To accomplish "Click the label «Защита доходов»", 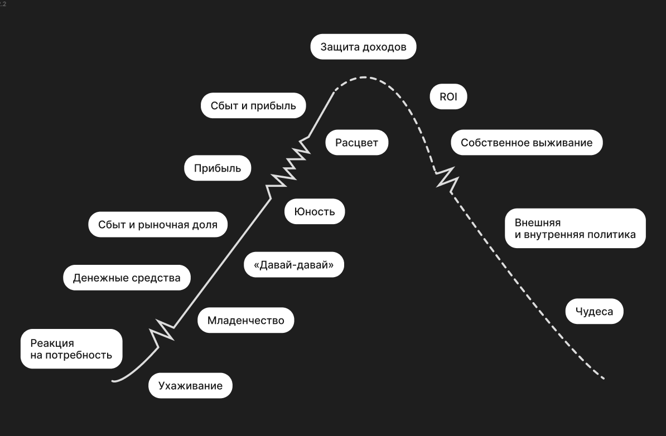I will coord(363,47).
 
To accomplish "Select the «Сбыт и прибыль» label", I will coord(253,105).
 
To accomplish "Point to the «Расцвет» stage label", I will coord(356,143).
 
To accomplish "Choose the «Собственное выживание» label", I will coord(527,143).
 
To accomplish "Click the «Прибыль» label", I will coord(218,168).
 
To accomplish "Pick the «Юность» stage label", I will coord(315,211).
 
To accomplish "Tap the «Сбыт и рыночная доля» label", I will coord(157,225).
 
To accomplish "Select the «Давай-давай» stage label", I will coord(293,265).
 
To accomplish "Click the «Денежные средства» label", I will coord(127,278).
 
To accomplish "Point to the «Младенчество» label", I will coord(245,320).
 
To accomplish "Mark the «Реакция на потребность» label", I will coord(71,348).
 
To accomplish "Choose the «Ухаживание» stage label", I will coord(190,385).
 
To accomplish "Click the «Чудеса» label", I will coord(594,311).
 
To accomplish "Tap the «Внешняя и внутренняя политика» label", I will coord(575,228).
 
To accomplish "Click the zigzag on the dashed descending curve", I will coord(446,178).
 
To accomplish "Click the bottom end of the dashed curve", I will coord(603,379).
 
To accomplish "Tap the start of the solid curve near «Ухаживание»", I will coord(114,381).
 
